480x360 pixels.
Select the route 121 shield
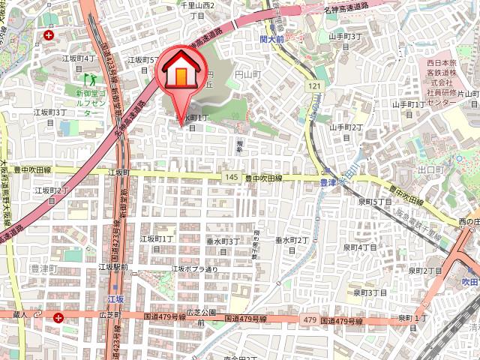click(313, 88)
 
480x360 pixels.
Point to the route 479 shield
click(310, 320)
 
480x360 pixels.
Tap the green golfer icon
click(92, 78)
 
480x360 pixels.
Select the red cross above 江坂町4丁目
click(49, 35)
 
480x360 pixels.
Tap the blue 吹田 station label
click(469, 281)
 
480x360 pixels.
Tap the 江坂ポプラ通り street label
click(195, 268)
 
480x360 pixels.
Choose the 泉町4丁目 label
click(360, 247)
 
